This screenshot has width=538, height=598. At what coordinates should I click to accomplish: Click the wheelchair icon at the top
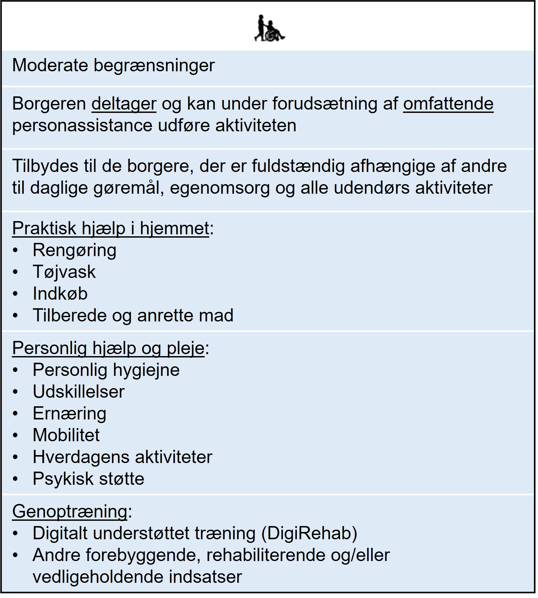(270, 28)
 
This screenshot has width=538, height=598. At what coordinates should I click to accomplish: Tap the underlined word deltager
(124, 104)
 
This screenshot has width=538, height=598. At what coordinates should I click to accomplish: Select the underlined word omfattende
(448, 104)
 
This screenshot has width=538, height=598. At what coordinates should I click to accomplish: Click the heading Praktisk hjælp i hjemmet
(111, 228)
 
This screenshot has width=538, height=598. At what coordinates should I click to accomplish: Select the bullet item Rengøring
(74, 250)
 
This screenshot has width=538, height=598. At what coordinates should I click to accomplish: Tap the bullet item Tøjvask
(64, 272)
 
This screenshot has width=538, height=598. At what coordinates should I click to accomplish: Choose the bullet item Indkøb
(60, 294)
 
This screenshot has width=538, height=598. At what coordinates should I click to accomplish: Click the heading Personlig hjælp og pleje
(108, 348)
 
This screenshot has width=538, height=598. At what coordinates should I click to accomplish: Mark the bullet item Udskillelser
(79, 392)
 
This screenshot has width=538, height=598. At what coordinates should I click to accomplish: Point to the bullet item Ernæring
(69, 414)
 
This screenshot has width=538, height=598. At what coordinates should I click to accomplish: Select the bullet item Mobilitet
(66, 435)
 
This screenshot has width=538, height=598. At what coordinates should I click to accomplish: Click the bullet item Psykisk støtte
(88, 479)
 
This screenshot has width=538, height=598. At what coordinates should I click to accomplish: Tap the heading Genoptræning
(70, 512)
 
